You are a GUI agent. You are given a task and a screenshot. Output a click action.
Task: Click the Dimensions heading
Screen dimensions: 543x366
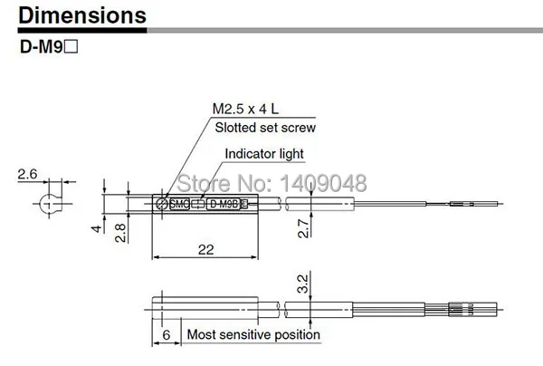pyautogui.click(x=82, y=15)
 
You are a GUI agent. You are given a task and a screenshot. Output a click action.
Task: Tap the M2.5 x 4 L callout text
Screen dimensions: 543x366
pyautogui.click(x=245, y=110)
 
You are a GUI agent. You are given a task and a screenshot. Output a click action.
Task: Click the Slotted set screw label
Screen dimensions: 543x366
pyautogui.click(x=265, y=128)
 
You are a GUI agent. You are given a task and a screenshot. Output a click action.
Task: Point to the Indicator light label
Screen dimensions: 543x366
pyautogui.click(x=264, y=154)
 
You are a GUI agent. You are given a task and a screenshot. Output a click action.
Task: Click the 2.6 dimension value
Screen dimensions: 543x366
pyautogui.click(x=27, y=174)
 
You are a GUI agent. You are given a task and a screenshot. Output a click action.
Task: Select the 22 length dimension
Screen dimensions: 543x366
pyautogui.click(x=205, y=249)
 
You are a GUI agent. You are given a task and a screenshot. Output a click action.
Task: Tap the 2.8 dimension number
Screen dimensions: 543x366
pyautogui.click(x=120, y=233)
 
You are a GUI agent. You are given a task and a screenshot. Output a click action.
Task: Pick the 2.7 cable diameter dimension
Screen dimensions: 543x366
pyautogui.click(x=303, y=228)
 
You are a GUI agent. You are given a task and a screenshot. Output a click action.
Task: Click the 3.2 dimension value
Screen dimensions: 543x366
pyautogui.click(x=302, y=284)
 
